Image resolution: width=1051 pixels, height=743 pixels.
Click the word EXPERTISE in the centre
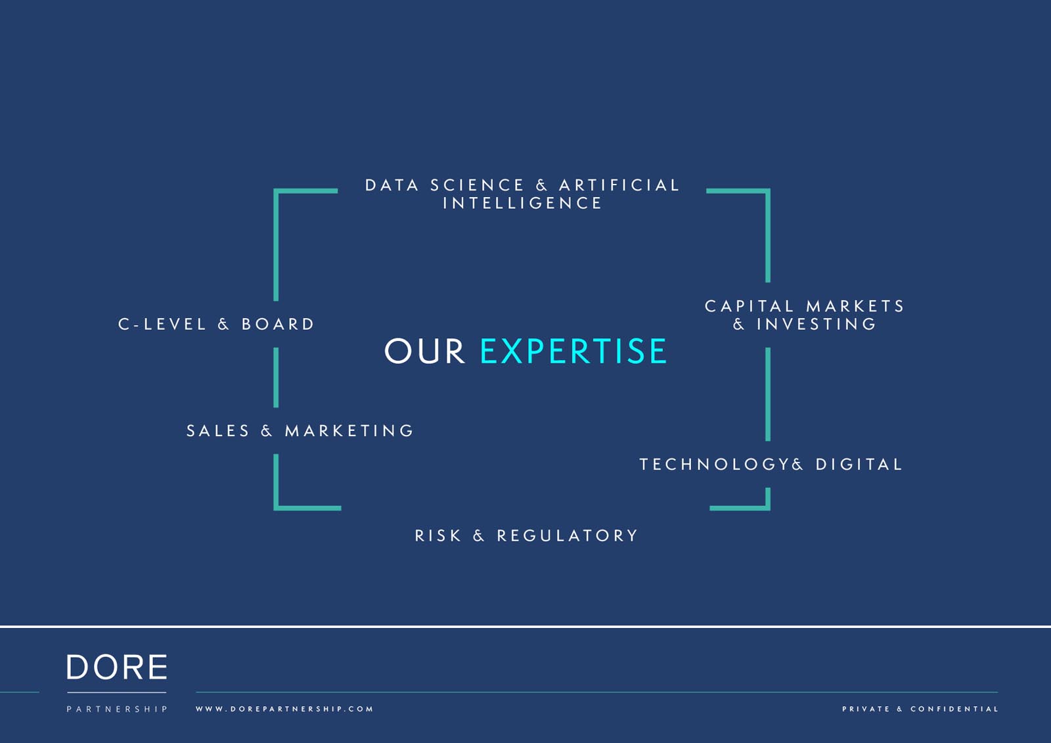573,351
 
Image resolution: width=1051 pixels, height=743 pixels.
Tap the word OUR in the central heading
424,351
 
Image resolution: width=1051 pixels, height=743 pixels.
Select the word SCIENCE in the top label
477,185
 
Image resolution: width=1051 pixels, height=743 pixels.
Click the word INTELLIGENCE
522,203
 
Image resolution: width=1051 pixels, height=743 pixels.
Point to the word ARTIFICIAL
619,185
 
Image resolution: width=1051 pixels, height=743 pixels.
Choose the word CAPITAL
749,306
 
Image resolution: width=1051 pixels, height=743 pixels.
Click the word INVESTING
816,324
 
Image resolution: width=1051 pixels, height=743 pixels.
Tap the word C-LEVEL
162,324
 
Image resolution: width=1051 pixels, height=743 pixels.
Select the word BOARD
278,324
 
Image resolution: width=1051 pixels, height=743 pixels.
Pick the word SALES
218,430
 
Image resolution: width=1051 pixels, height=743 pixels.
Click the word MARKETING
349,430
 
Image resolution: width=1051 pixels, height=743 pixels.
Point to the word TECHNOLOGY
715,464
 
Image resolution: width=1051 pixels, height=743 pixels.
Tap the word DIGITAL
859,464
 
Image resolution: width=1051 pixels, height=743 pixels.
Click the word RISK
438,535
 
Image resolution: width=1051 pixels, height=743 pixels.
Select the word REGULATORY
568,535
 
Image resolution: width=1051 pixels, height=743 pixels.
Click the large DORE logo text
117,667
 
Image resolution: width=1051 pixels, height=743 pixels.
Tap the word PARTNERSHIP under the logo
117,709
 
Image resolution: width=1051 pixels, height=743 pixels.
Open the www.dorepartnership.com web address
284,709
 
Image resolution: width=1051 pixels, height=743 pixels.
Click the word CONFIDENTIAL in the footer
954,709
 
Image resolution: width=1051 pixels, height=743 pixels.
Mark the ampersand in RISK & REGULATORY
479,535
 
